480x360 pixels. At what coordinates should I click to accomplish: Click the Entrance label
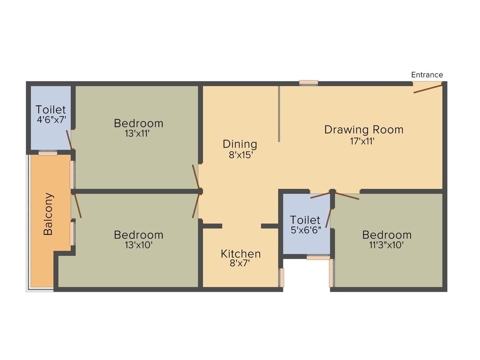(427, 75)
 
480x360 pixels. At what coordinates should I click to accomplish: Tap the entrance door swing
(427, 88)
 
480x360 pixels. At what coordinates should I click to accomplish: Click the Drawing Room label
(364, 129)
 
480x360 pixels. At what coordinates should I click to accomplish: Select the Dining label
(240, 144)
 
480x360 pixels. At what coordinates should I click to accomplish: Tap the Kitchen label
(241, 254)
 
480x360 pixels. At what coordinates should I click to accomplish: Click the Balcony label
(48, 214)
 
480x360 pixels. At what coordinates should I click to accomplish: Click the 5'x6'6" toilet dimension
(305, 230)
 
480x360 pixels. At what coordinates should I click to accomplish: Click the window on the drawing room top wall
(308, 83)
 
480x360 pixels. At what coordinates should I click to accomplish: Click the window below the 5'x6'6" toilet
(318, 257)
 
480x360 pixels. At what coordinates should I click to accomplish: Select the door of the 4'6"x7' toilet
(69, 140)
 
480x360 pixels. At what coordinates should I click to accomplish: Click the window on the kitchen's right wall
(282, 277)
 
